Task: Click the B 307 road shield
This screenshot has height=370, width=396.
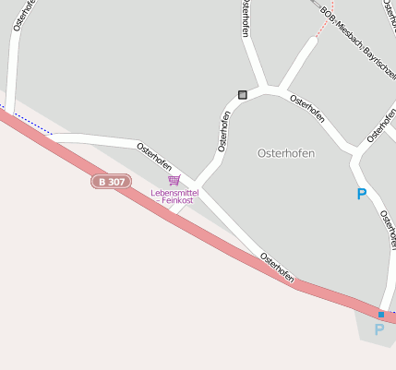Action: [x=110, y=182]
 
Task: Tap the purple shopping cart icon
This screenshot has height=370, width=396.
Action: [x=174, y=180]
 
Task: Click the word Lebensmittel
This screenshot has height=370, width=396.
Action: [x=174, y=192]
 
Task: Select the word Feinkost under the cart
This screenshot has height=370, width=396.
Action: [x=176, y=200]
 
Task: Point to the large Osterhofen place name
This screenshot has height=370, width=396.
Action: [x=285, y=153]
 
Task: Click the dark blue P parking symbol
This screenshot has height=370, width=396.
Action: [x=361, y=194]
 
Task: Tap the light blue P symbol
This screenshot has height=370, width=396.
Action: [x=378, y=329]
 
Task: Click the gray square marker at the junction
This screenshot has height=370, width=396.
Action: [x=243, y=94]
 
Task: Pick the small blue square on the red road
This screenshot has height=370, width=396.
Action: [x=380, y=314]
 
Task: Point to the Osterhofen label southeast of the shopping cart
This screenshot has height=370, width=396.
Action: [x=277, y=266]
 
